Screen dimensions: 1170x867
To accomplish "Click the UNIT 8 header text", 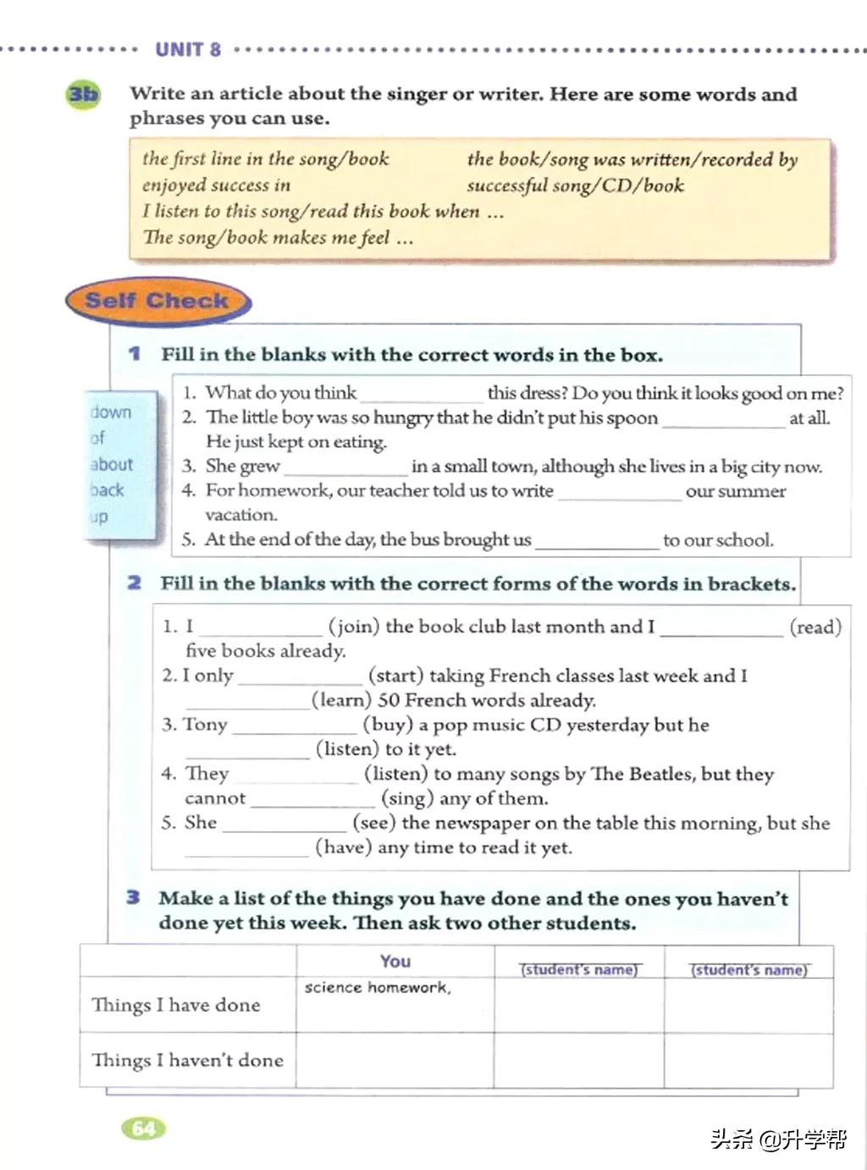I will point(188,49).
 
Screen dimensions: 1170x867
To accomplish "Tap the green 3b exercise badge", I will point(82,94).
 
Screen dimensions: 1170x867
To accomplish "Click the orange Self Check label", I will point(157,301).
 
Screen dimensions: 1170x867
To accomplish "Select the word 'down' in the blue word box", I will point(111,412).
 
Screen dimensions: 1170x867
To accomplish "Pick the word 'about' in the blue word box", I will point(112,464).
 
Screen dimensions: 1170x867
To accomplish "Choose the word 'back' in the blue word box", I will point(108,490).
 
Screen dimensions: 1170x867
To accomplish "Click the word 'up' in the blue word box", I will point(99,516).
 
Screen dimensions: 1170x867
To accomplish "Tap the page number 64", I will point(144,1129).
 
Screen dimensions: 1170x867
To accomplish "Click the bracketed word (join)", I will point(354,626).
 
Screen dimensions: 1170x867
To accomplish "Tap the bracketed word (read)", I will point(815,626).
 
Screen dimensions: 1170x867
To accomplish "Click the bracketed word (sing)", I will point(406,798).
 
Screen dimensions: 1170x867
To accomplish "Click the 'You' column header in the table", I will point(395,961).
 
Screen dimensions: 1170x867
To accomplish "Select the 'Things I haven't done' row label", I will point(187,1060).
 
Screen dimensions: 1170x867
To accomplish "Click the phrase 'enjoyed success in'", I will point(216,185).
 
